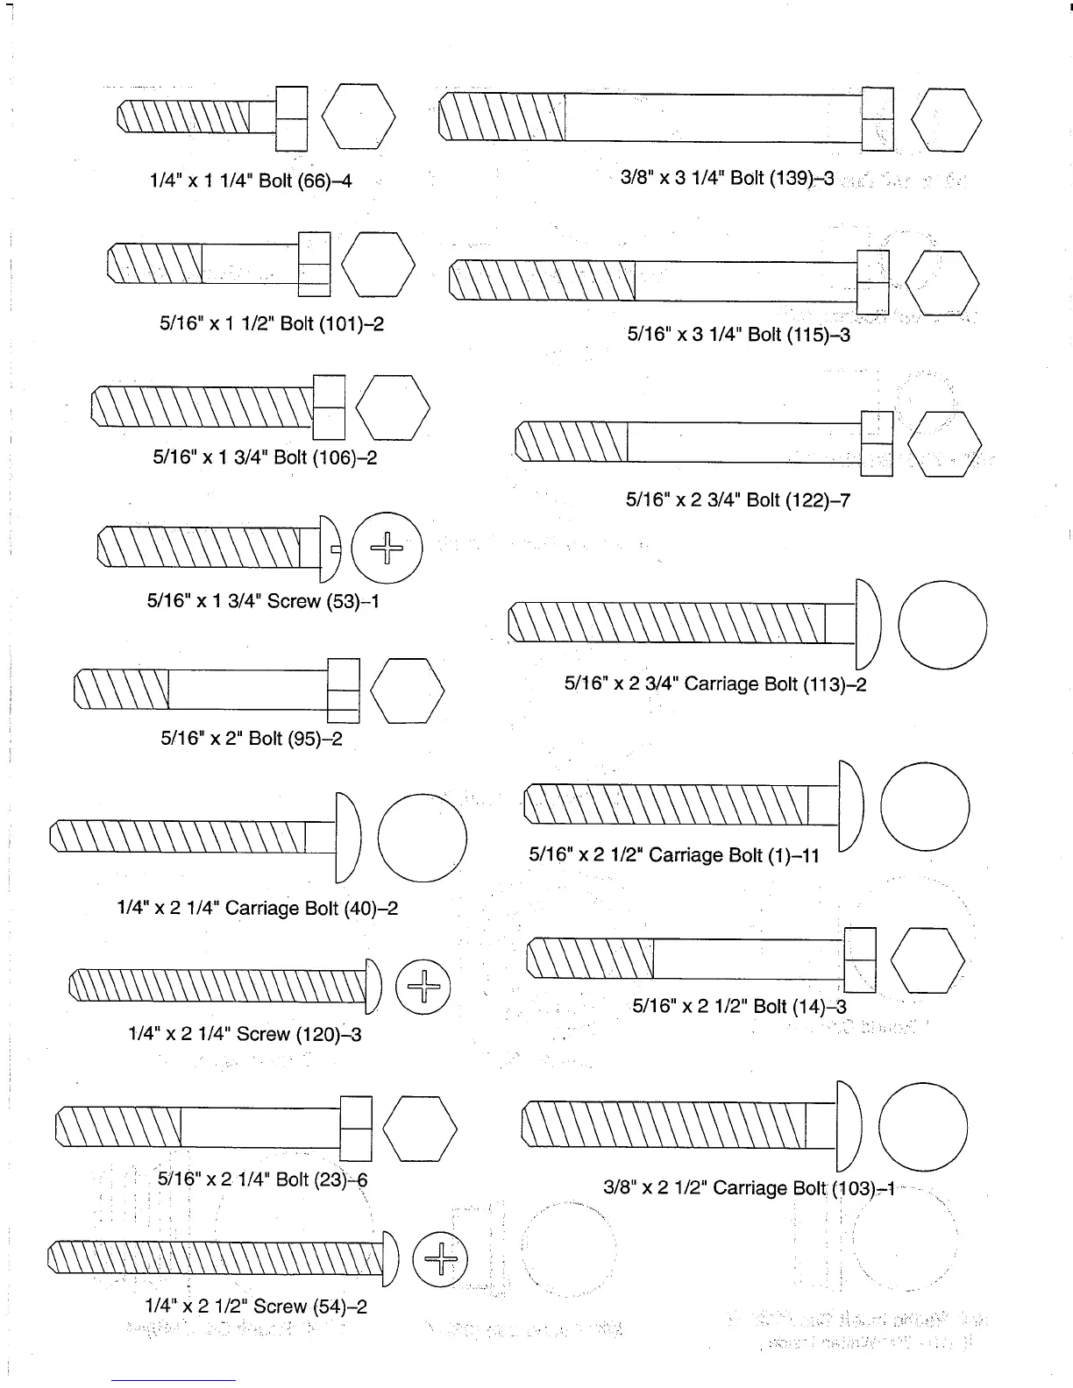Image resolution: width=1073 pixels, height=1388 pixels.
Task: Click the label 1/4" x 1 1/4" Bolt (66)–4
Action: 251,181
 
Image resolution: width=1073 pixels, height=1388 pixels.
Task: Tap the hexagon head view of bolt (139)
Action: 946,119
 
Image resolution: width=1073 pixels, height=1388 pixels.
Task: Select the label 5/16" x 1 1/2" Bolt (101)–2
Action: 272,323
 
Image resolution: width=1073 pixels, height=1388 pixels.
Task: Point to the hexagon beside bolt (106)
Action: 393,407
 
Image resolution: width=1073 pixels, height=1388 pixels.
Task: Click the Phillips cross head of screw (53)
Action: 387,549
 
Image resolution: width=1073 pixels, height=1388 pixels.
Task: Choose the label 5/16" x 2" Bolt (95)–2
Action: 252,738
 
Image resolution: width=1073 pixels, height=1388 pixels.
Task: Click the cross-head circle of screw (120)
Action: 423,987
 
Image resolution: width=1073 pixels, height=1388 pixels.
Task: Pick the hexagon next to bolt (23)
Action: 420,1129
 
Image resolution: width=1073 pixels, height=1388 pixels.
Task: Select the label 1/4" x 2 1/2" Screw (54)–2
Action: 256,1307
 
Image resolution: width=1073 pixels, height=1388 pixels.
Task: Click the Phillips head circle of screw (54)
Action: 440,1260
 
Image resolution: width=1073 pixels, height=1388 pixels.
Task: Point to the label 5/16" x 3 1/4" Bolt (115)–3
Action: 738,334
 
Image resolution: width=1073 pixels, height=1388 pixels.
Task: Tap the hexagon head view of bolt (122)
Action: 944,443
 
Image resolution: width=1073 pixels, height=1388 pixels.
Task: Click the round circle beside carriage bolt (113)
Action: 942,625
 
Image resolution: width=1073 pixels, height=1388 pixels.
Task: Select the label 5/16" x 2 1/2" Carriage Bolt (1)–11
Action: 674,854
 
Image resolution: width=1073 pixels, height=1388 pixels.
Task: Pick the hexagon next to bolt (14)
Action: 927,960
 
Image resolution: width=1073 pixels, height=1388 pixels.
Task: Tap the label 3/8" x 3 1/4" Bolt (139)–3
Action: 727,178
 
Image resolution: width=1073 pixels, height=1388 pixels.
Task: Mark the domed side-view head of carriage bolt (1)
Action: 851,805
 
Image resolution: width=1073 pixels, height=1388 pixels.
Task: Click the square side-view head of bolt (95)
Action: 344,690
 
